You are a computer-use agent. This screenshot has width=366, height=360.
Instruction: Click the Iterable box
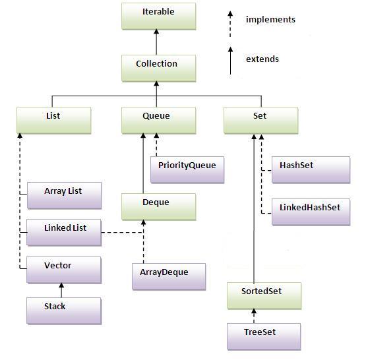click(158, 16)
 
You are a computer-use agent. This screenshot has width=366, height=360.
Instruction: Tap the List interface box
click(53, 119)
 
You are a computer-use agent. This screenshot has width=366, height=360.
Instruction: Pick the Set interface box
click(260, 119)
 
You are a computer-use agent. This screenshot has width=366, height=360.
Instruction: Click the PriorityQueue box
click(187, 169)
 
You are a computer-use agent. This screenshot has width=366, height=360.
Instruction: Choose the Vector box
click(63, 270)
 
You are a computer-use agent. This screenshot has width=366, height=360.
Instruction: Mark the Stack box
click(63, 310)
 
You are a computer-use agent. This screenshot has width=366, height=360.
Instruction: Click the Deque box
click(158, 206)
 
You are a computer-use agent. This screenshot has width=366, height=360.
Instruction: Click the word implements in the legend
click(270, 20)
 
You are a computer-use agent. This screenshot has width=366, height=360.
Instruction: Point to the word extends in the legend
click(262, 59)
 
